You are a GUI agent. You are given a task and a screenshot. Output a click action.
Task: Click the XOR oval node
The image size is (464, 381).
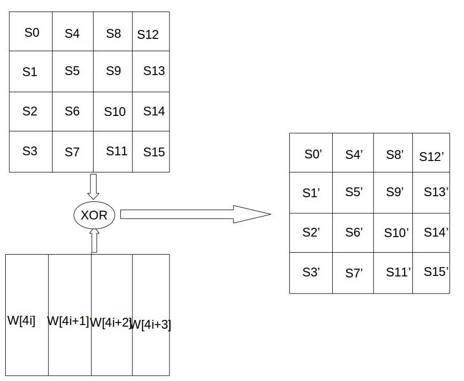coord(94,214)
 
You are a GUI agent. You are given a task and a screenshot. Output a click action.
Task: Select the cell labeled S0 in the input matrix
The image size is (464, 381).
coord(32,33)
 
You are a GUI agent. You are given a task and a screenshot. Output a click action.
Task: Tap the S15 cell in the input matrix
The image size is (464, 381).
coord(153,152)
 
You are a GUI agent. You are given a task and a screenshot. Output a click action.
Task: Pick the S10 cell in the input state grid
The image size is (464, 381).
coord(115,111)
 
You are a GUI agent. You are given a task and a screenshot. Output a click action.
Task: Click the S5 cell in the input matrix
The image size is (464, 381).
coord(72,71)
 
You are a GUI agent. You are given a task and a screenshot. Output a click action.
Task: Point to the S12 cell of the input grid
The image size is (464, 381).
coord(148,35)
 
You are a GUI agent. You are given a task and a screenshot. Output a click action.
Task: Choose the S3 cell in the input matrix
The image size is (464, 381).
coord(30,151)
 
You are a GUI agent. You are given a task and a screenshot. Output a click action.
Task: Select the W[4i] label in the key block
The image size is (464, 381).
coord(21,320)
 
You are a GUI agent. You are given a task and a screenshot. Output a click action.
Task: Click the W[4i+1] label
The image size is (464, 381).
coord(68,321)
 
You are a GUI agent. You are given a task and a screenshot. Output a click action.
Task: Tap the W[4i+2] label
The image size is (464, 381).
coord(110,323)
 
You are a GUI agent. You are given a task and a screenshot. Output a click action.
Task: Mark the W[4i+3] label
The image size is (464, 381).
coord(150,325)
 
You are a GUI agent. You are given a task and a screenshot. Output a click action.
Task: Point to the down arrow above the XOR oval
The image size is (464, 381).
coord(94,186)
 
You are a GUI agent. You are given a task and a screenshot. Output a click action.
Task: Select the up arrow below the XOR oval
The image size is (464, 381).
coord(94,241)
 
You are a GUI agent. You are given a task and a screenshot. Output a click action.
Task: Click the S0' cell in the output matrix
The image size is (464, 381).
coord(313,154)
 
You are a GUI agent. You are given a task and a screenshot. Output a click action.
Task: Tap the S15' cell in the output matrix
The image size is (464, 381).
coord(436,271)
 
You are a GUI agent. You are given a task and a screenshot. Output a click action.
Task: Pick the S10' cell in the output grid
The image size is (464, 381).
coord(396,233)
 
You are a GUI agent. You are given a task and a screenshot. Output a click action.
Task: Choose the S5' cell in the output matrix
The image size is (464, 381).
coord(354,192)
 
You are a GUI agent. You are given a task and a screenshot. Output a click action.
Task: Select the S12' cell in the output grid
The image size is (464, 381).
coord(431,156)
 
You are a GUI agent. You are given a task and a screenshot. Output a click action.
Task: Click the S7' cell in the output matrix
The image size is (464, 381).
coord(354,273)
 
